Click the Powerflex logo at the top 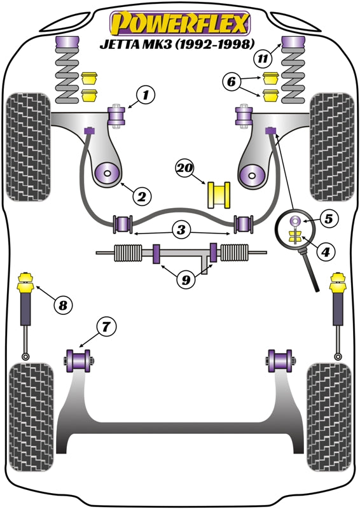click(180, 24)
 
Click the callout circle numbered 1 click(146, 96)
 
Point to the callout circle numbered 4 click(326, 252)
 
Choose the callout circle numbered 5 click(328, 219)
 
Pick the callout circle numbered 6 click(232, 81)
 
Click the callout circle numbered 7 click(106, 328)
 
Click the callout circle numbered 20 click(185, 169)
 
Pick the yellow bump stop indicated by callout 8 click(27, 283)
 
